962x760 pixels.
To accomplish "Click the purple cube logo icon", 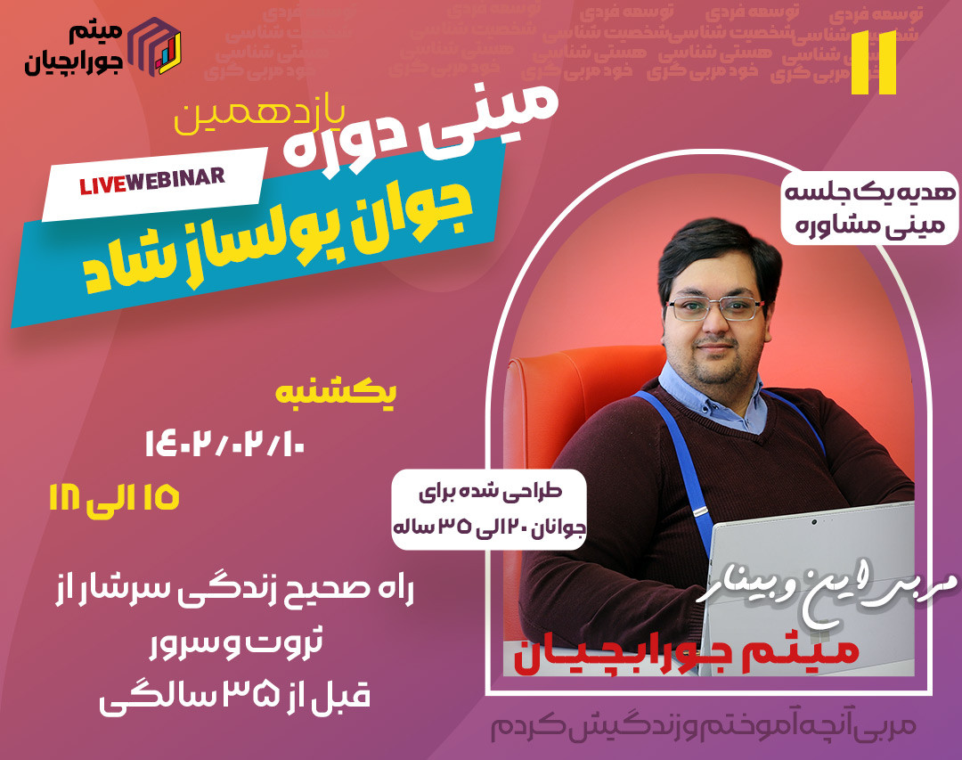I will click(157, 45).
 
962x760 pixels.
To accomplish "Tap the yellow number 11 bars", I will click(873, 62).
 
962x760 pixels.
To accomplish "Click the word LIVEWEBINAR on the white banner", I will click(152, 182).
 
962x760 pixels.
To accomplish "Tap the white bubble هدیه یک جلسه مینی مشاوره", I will click(861, 210).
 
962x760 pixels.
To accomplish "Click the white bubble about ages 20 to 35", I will click(489, 508).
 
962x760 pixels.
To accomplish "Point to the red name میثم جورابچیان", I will click(685, 657).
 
